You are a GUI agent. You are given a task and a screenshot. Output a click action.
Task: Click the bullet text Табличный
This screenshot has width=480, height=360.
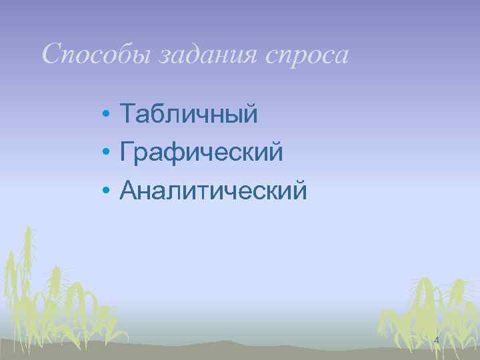coord(189,115)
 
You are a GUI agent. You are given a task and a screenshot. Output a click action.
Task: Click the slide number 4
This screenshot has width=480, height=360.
coord(436,341)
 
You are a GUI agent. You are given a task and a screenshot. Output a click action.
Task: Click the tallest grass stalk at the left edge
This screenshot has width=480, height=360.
coord(28,267)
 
